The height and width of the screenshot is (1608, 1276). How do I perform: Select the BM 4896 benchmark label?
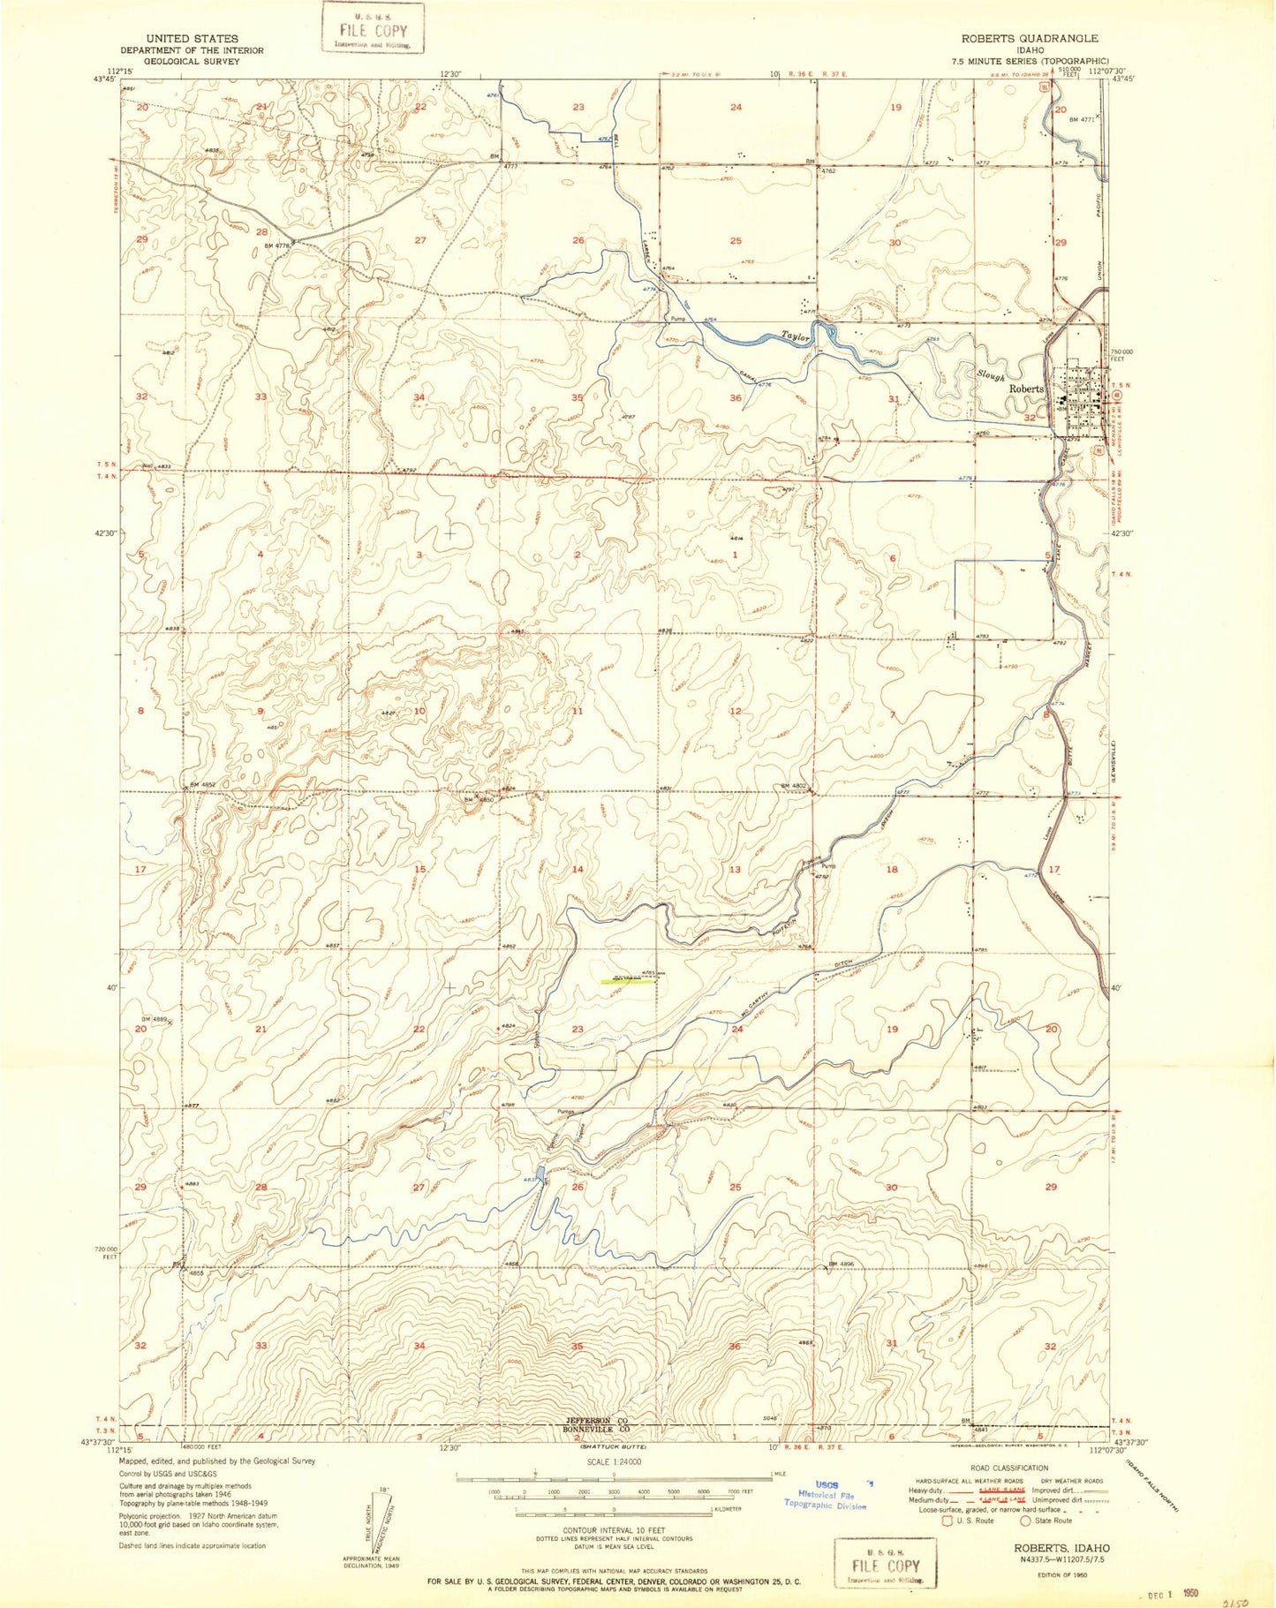click(x=842, y=1264)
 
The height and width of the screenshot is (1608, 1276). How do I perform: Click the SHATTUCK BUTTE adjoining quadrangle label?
click(x=611, y=1474)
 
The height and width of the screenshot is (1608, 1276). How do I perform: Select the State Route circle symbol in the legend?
click(x=1026, y=1521)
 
